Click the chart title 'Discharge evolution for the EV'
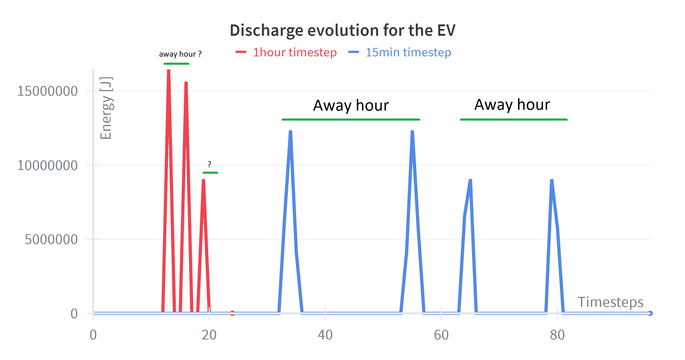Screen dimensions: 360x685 (x=342, y=30)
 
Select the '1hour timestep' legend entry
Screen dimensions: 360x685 (x=295, y=52)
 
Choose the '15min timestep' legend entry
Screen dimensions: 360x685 (x=408, y=52)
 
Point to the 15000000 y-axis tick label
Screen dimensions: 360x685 (x=47, y=91)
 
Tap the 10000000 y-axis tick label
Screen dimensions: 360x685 (x=47, y=165)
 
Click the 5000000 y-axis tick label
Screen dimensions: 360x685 (x=51, y=240)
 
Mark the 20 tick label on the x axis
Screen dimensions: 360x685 (x=209, y=335)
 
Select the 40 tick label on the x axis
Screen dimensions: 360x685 (x=325, y=335)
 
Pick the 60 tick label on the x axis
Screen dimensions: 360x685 (x=441, y=335)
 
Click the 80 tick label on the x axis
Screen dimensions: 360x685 (x=557, y=335)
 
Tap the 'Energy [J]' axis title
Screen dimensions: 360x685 (x=106, y=108)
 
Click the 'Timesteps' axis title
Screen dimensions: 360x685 (x=610, y=302)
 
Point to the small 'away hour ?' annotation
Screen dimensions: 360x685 (x=180, y=54)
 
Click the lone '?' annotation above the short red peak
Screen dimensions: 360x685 (x=209, y=164)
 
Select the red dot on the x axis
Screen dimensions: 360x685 (x=232, y=313)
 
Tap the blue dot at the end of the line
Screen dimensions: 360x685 (x=650, y=313)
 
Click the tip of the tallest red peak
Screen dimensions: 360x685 (x=169, y=70)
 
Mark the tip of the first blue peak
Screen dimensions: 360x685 (x=290, y=131)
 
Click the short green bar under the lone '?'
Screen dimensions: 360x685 (x=210, y=173)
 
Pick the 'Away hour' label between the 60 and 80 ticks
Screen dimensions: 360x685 (x=512, y=105)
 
